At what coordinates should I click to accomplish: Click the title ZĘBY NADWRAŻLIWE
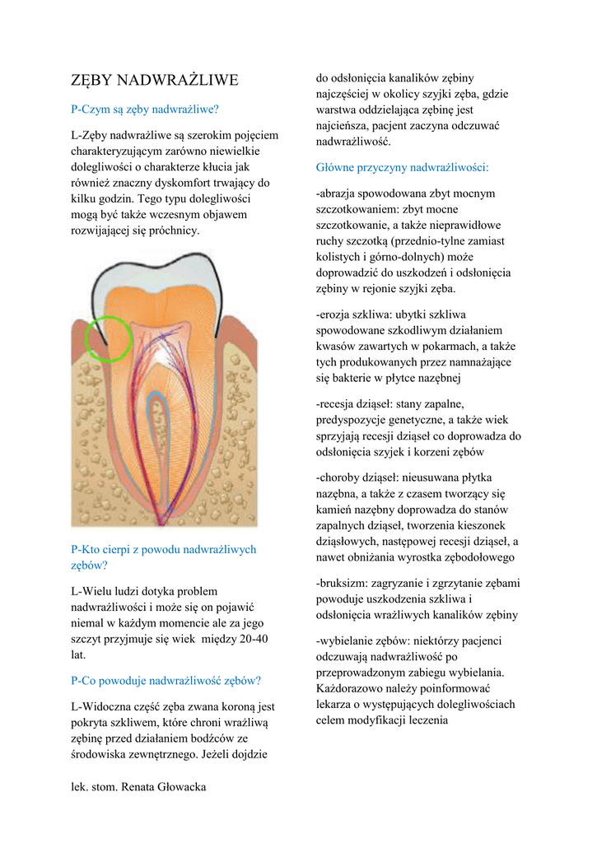coord(155,80)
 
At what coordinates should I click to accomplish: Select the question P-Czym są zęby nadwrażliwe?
coord(145,109)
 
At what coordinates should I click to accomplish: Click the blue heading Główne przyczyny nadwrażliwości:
coord(402,167)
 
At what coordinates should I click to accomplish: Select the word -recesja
coord(338,404)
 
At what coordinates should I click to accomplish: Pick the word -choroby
coord(339,477)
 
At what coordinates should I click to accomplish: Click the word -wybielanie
coord(347,640)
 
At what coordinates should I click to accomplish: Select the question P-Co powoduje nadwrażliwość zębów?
coord(166,680)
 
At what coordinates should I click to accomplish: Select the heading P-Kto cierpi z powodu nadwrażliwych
coord(164,549)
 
